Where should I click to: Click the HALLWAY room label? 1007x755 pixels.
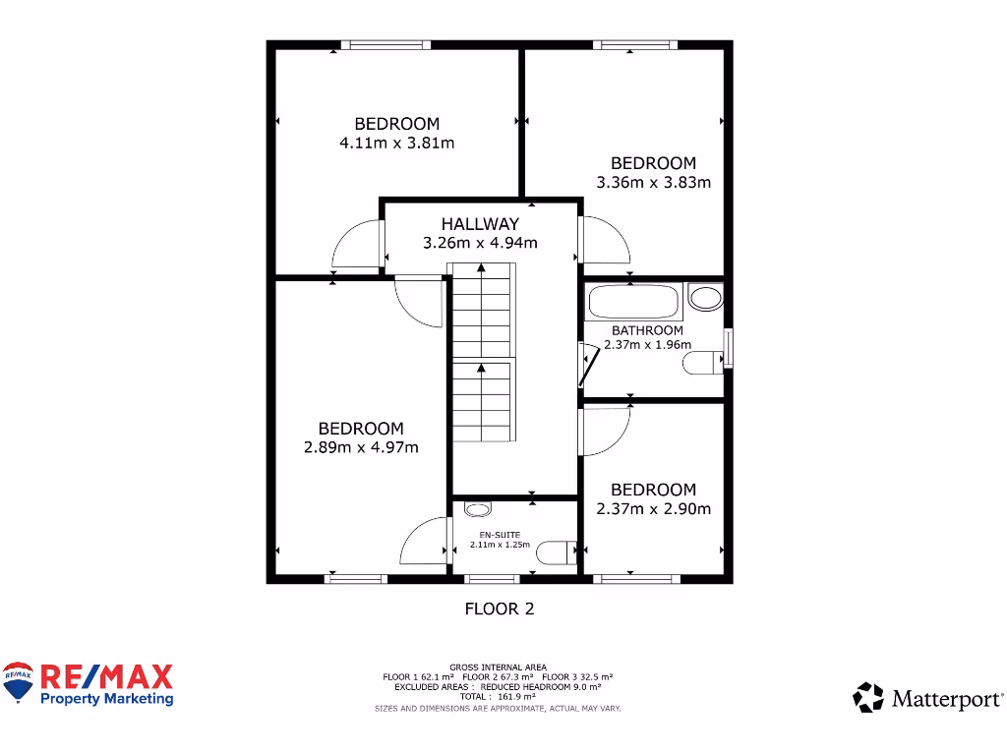coord(480,224)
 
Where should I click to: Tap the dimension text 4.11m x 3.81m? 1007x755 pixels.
coord(396,143)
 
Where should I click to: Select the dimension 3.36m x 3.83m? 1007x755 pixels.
coord(653,182)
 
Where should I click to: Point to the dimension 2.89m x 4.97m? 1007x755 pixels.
coord(361,447)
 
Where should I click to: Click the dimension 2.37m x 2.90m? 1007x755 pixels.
coord(653,508)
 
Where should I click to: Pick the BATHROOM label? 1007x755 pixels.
coord(647,330)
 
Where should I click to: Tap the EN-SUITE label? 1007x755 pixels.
coord(500,535)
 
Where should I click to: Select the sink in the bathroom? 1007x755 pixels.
coord(704,296)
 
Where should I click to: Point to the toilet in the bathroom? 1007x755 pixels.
coord(701,364)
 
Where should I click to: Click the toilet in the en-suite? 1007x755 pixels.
coord(557,552)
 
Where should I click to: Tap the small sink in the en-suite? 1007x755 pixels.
coord(477,509)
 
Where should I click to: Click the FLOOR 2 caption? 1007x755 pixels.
coord(499,609)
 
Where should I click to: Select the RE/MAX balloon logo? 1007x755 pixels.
coord(18,682)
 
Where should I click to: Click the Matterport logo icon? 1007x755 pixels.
coord(868,698)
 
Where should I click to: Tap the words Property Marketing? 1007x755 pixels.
coord(106,699)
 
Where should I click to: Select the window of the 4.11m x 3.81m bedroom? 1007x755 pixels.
coord(385,44)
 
